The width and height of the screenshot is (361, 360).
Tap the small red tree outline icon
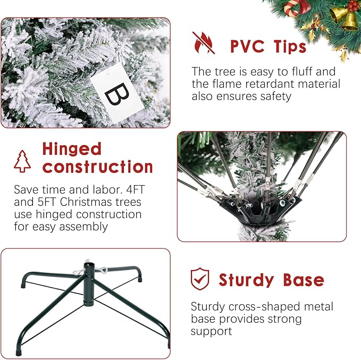click(22, 161)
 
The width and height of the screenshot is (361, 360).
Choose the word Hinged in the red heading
click(71, 148)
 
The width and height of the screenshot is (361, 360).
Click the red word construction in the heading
click(98, 166)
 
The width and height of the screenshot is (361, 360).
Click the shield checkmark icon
click(199, 279)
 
